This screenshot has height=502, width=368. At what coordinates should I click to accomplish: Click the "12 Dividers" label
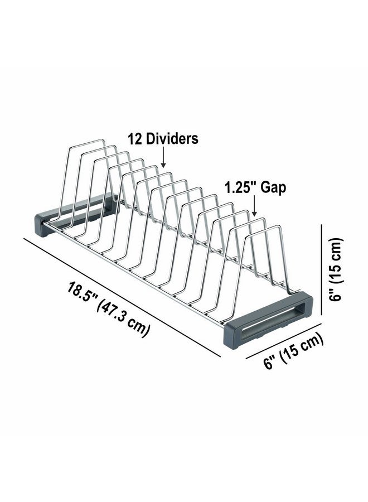pos(163,139)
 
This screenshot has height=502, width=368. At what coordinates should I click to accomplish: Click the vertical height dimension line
pos(322,273)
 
